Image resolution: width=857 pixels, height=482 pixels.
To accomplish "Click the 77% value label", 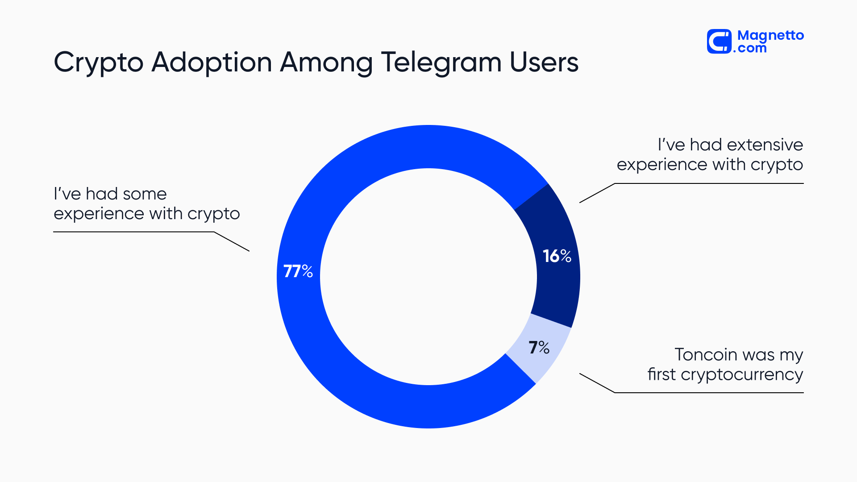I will (298, 271).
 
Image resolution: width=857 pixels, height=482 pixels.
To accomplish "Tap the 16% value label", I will (557, 256).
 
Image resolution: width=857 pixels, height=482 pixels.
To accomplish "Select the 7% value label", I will (539, 347).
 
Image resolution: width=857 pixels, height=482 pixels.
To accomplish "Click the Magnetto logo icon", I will (719, 42).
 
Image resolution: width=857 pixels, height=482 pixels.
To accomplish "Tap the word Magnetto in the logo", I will (770, 35).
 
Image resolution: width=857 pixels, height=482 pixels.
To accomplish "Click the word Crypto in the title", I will (99, 62).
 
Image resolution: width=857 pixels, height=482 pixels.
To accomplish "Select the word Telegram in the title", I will (441, 62).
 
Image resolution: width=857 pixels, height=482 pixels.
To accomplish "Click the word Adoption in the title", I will (212, 62).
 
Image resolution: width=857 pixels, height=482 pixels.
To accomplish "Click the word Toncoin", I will (706, 355).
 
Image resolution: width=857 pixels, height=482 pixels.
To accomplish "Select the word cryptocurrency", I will (742, 375).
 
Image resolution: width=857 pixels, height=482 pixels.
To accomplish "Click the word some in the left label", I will (145, 194).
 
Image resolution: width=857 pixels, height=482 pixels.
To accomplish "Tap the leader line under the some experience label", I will (134, 232).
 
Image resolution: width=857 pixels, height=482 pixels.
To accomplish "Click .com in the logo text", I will (750, 48).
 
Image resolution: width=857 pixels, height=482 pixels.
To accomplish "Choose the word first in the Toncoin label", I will (661, 374).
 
